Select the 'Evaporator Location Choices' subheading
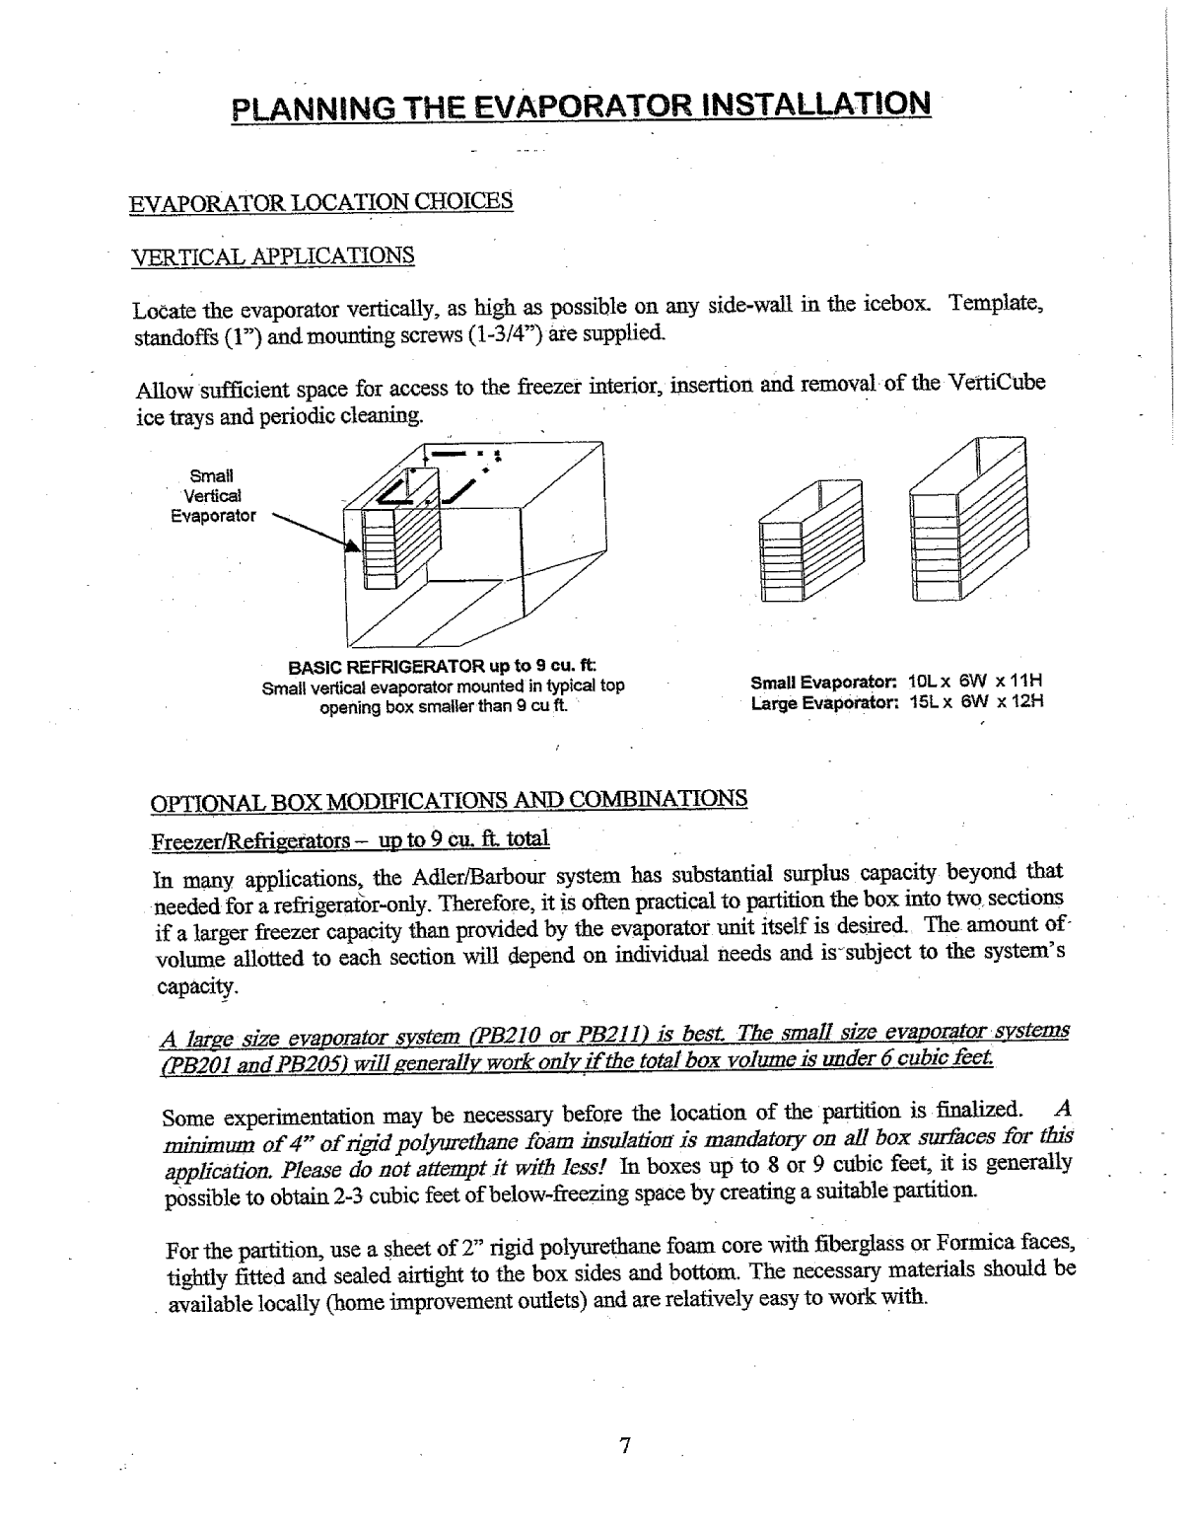click(321, 202)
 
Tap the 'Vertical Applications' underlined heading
click(273, 256)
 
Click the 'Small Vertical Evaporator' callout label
click(214, 495)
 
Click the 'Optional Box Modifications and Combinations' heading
click(448, 798)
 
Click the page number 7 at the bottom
click(623, 1446)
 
